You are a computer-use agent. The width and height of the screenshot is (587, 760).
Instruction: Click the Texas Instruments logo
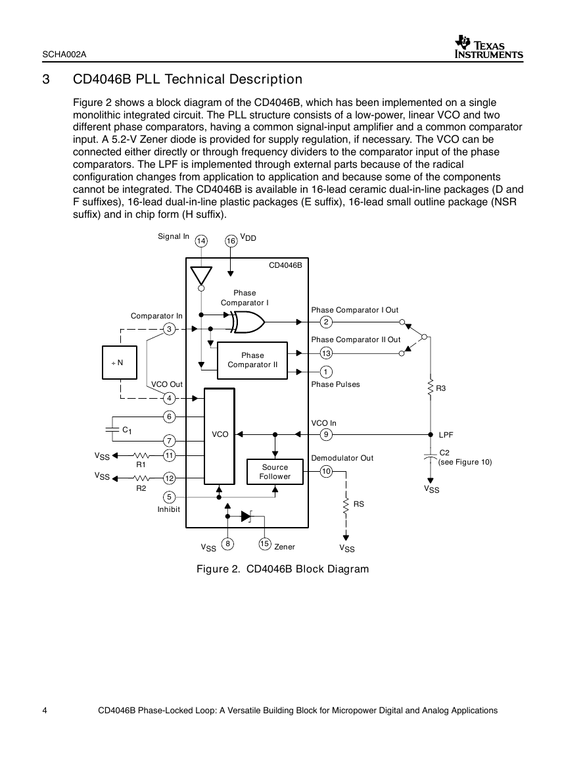pyautogui.click(x=488, y=47)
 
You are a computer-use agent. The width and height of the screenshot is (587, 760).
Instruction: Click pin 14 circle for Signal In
pyautogui.click(x=201, y=241)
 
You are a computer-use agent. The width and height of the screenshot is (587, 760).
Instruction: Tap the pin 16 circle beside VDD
pyautogui.click(x=231, y=241)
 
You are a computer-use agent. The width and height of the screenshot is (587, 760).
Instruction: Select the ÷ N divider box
pyautogui.click(x=120, y=363)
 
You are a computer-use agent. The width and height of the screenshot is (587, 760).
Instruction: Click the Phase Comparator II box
pyautogui.click(x=252, y=360)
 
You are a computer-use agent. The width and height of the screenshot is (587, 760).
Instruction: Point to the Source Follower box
pyautogui.click(x=275, y=472)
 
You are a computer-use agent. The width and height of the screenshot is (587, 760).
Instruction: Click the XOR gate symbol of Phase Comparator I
pyautogui.click(x=248, y=322)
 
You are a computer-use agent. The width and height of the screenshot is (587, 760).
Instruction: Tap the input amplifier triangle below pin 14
pyautogui.click(x=201, y=275)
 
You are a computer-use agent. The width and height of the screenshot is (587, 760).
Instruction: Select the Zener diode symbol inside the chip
pyautogui.click(x=247, y=516)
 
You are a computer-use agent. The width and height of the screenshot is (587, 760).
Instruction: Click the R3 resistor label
pyautogui.click(x=440, y=388)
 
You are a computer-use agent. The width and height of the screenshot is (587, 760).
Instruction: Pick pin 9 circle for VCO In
pyautogui.click(x=326, y=434)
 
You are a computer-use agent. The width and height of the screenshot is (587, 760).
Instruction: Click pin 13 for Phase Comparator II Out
pyautogui.click(x=326, y=353)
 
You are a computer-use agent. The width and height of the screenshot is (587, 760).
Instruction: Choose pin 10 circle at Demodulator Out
pyautogui.click(x=326, y=471)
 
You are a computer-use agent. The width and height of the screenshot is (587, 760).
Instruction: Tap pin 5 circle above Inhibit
pyautogui.click(x=169, y=497)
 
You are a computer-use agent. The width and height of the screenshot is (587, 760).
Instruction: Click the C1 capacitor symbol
pyautogui.click(x=112, y=429)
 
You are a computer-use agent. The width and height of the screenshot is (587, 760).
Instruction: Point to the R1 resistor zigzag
pyautogui.click(x=141, y=455)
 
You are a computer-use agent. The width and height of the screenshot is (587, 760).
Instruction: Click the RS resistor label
pyautogui.click(x=358, y=504)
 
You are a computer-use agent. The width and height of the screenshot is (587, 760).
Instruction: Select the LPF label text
pyautogui.click(x=446, y=435)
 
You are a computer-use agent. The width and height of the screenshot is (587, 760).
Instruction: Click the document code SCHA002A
pyautogui.click(x=64, y=54)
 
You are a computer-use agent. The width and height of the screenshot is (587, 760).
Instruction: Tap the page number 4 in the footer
pyautogui.click(x=45, y=711)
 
